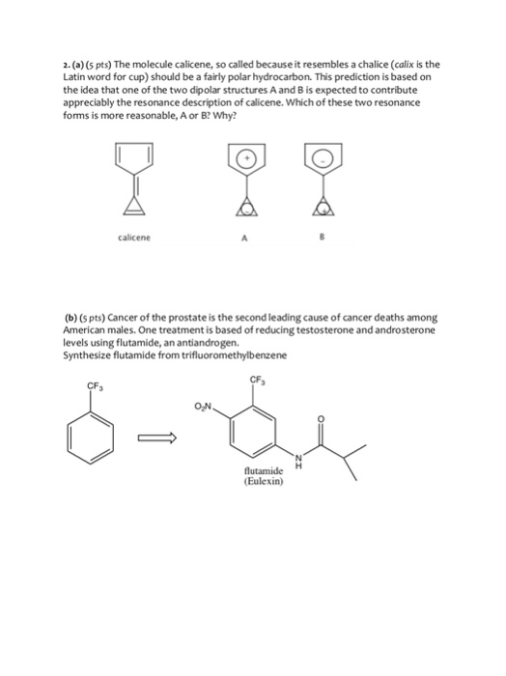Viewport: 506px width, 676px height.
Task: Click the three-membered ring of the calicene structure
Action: point(136,204)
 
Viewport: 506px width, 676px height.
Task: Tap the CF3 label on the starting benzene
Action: point(95,388)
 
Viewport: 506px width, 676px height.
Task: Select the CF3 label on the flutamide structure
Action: point(257,379)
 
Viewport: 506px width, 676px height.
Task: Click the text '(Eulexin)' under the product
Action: point(263,482)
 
